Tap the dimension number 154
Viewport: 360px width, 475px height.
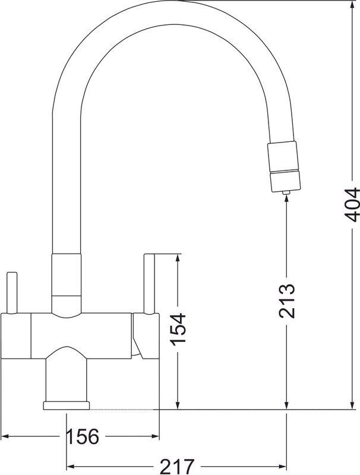(178, 330)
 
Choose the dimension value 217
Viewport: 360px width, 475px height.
(176, 466)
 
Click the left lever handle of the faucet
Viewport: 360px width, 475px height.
(11, 291)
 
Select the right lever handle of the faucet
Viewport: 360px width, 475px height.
(149, 282)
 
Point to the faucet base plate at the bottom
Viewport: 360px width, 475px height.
(65, 405)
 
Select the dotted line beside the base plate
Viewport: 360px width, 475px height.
(125, 409)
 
